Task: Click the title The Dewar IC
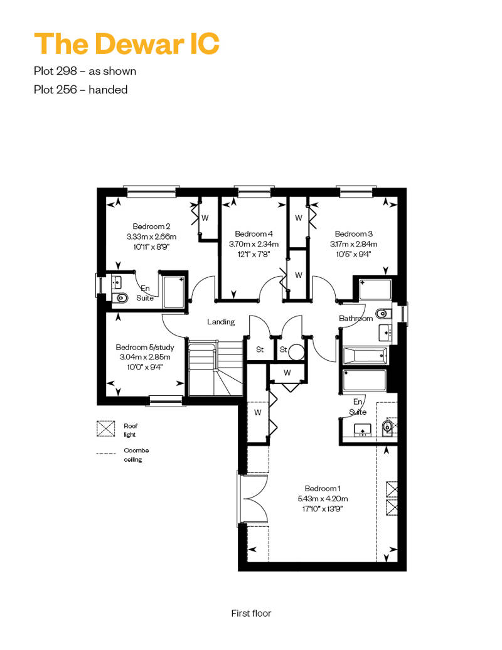[126, 43]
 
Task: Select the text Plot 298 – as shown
[85, 71]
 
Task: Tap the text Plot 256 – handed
[81, 90]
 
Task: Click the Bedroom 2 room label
[151, 226]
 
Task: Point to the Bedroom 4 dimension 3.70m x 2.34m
[254, 244]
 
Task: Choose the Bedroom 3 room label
[354, 234]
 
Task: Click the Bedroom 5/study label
[145, 347]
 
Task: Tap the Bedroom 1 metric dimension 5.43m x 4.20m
[323, 499]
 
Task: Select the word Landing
[221, 322]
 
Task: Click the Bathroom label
[356, 318]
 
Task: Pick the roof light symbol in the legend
[105, 429]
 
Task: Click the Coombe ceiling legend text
[136, 455]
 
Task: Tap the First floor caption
[251, 613]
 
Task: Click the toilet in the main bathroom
[383, 314]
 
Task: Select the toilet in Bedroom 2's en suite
[119, 297]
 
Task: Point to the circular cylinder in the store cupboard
[296, 353]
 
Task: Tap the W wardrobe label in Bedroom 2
[205, 218]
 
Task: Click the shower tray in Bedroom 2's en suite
[174, 292]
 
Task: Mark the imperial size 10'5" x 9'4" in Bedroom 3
[353, 254]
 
